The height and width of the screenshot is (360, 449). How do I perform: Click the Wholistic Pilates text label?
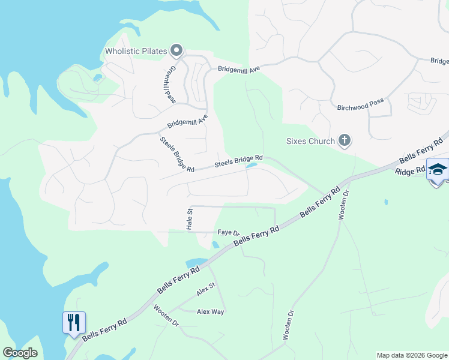135,51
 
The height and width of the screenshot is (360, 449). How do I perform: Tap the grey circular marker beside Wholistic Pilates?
176,50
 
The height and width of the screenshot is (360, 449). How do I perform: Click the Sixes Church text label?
310,142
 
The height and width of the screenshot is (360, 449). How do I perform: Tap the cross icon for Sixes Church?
344,142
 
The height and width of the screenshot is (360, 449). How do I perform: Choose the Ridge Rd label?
411,172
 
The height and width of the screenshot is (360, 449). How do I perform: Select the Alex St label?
205,290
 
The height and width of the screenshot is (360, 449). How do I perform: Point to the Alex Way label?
211,312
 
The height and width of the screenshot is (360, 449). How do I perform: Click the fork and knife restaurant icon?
74,323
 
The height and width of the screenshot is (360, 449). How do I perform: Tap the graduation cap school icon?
438,169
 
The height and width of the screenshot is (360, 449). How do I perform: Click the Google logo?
20,353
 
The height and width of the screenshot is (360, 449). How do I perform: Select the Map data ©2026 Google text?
412,355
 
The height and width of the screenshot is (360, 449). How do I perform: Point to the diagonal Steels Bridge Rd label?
176,155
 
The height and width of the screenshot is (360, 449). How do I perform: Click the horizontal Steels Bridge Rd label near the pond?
238,160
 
